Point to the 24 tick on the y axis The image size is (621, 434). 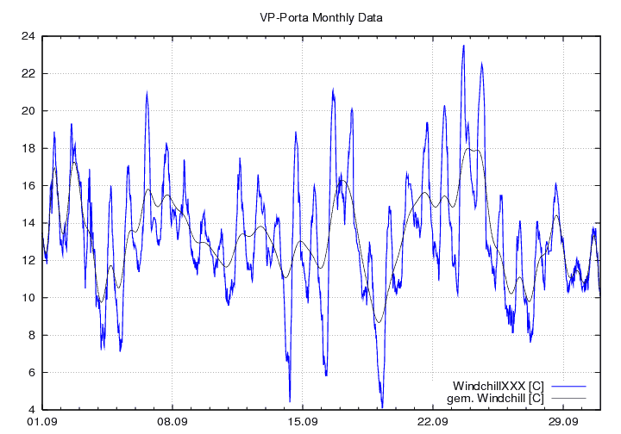pyautogui.click(x=28, y=36)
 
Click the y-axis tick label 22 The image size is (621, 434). pyautogui.click(x=28, y=73)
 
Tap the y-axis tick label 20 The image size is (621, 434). pyautogui.click(x=28, y=111)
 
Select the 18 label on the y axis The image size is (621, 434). pyautogui.click(x=28, y=148)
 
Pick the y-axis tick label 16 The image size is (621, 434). pyautogui.click(x=28, y=186)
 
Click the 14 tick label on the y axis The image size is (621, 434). pyautogui.click(x=28, y=223)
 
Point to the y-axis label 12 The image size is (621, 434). pyautogui.click(x=28, y=260)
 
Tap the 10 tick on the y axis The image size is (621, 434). pyautogui.click(x=28, y=298)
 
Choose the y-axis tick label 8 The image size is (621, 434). pyautogui.click(x=30, y=335)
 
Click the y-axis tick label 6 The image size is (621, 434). pyautogui.click(x=30, y=372)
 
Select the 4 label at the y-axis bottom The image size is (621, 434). pyautogui.click(x=30, y=410)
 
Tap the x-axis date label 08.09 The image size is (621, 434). pyautogui.click(x=172, y=422)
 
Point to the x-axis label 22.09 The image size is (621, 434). pyautogui.click(x=432, y=422)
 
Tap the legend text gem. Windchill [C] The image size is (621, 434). pyautogui.click(x=496, y=398)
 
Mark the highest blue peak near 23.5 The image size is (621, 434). pyautogui.click(x=463, y=46)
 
